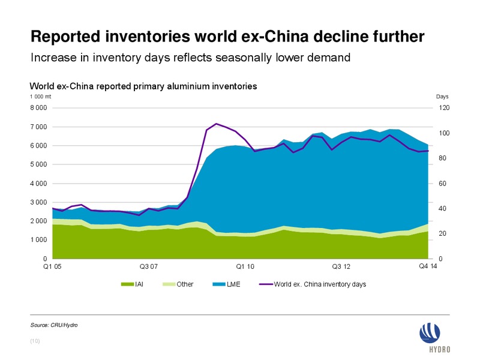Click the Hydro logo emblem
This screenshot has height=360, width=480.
point(430,333)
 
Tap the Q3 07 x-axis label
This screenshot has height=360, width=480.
point(148,266)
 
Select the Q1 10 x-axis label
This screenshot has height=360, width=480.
point(245,266)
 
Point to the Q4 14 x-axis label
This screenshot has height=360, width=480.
point(428,266)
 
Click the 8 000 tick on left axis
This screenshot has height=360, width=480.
point(38,108)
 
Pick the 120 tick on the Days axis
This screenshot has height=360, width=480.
point(444,108)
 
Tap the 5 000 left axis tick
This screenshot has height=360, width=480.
point(38,164)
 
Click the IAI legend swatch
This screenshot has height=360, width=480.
point(127,284)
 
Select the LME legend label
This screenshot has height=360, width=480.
point(233,284)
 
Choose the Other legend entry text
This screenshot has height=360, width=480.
point(185,284)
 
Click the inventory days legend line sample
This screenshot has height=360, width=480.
point(266,284)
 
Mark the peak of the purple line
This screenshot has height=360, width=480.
point(216,124)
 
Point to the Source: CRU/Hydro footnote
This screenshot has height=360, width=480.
point(54,325)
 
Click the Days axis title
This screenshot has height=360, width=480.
point(442,97)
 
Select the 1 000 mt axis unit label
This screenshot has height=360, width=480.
point(40,97)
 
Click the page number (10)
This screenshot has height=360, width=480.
point(35,341)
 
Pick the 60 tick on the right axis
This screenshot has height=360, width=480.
point(442,184)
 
